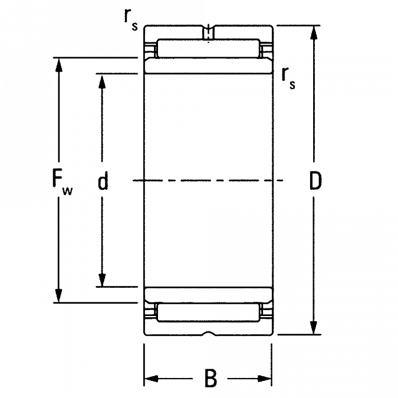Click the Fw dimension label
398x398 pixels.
click(62, 182)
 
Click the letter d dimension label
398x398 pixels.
click(103, 180)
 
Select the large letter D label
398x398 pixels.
click(315, 180)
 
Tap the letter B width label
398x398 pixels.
click(210, 379)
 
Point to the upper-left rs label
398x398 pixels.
click(131, 19)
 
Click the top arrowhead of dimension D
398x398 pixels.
click(314, 32)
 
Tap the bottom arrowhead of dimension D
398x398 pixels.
click(314, 327)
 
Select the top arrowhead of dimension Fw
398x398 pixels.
click(59, 65)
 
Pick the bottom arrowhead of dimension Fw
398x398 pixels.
click(58, 296)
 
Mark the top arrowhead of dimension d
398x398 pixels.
click(102, 81)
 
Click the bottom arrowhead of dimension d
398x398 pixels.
click(102, 279)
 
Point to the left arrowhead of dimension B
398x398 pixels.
click(152, 379)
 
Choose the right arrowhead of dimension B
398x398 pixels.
click(264, 379)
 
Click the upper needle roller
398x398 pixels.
click(208, 48)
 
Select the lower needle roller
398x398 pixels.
click(209, 313)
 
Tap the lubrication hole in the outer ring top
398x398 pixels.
click(208, 32)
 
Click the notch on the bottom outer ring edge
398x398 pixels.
click(209, 333)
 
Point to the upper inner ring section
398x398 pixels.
click(208, 65)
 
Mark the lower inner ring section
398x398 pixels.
click(208, 295)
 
